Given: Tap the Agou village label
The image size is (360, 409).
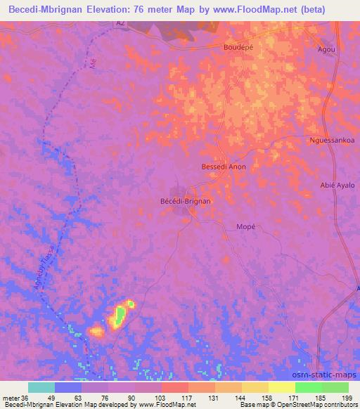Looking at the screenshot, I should click(x=326, y=50).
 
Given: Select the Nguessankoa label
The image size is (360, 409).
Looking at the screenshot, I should click(x=332, y=140).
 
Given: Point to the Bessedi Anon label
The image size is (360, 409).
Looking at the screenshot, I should click(x=224, y=167).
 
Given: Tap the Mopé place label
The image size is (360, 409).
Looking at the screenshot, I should click(x=240, y=226).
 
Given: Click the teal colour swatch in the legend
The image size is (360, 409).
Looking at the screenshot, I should click(x=41, y=387).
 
